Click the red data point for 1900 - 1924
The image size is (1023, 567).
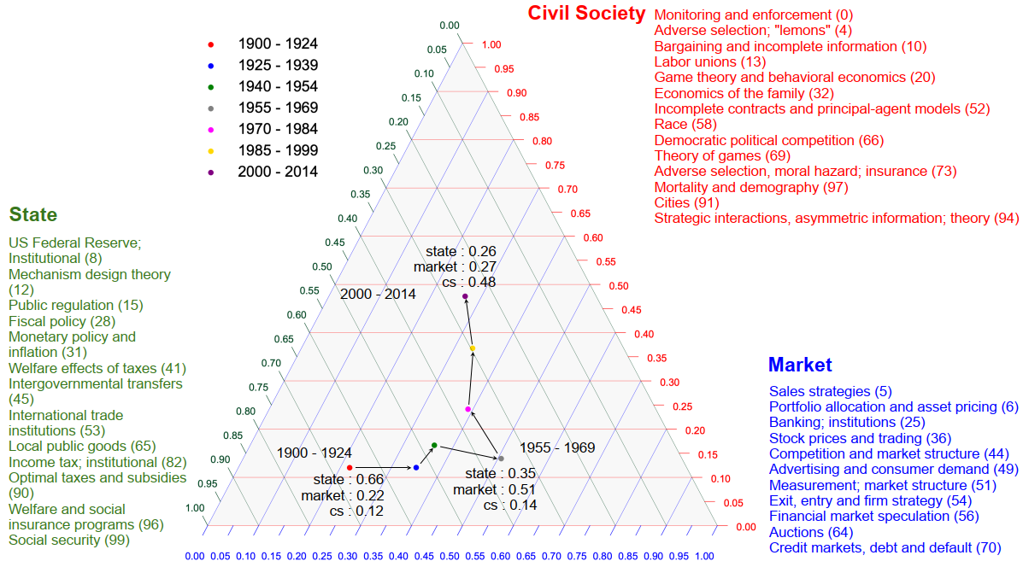pyautogui.click(x=350, y=467)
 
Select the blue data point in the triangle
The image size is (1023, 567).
pyautogui.click(x=416, y=467)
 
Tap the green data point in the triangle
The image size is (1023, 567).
pyautogui.click(x=434, y=445)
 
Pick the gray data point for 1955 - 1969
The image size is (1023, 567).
pyautogui.click(x=502, y=459)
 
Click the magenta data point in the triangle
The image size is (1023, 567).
pyautogui.click(x=467, y=410)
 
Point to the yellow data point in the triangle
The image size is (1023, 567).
pyautogui.click(x=472, y=348)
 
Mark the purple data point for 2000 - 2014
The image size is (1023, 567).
pyautogui.click(x=465, y=296)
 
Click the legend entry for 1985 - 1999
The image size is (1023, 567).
pyautogui.click(x=278, y=150)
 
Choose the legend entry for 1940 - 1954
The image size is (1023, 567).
pyautogui.click(x=278, y=86)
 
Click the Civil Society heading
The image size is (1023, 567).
pyautogui.click(x=586, y=13)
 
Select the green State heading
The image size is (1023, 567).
pyautogui.click(x=32, y=214)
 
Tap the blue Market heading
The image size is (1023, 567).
pyautogui.click(x=799, y=365)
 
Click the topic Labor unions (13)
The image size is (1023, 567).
pyautogui.click(x=710, y=61)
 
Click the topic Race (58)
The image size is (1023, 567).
pyautogui.click(x=684, y=124)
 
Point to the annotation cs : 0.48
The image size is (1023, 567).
pyautogui.click(x=468, y=283)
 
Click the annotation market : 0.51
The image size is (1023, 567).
pyautogui.click(x=493, y=489)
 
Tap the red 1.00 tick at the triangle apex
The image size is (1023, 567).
pyautogui.click(x=491, y=44)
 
